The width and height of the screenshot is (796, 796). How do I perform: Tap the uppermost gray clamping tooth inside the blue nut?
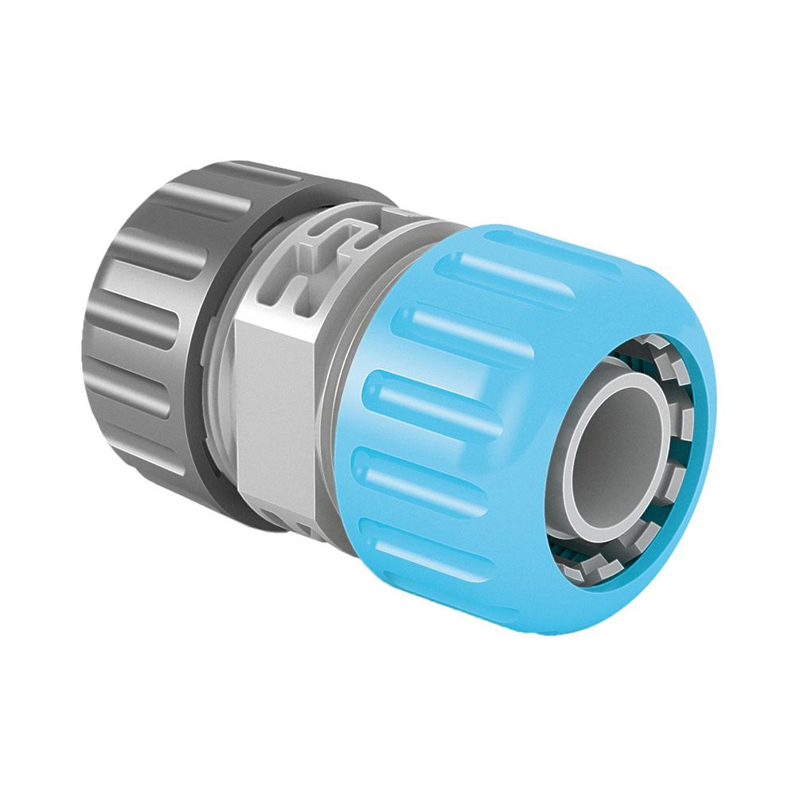coord(637,346)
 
